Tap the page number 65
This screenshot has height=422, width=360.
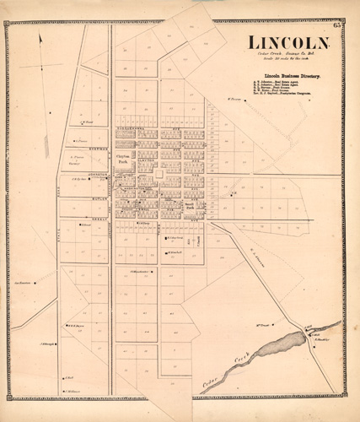pos(336,32)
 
